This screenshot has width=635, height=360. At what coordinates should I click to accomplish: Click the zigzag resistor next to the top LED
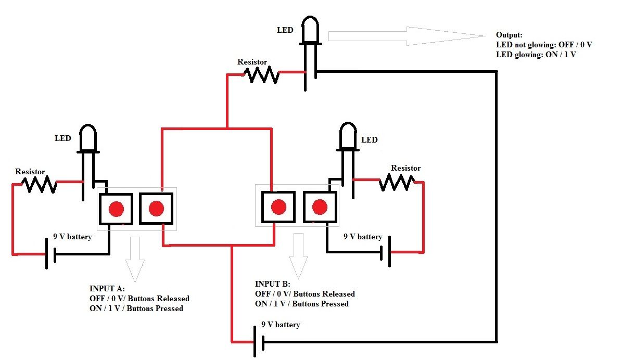[x=262, y=75]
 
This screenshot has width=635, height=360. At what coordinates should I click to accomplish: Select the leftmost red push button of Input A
[x=116, y=209]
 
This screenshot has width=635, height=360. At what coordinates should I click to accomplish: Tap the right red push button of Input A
[x=156, y=209]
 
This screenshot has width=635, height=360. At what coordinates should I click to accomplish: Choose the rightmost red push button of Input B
[x=320, y=208]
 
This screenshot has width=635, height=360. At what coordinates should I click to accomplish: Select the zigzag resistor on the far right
[x=397, y=182]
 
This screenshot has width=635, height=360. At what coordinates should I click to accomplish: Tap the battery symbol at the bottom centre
[x=259, y=342]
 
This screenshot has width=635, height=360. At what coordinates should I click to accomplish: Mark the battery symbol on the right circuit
[x=386, y=252]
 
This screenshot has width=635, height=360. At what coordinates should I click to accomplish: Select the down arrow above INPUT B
[x=299, y=255]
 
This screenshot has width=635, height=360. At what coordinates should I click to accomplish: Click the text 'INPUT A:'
[x=107, y=289]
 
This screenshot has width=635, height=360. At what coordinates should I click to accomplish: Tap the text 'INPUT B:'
[x=272, y=284]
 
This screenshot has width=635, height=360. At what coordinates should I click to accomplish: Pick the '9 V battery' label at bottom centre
[x=281, y=325]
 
